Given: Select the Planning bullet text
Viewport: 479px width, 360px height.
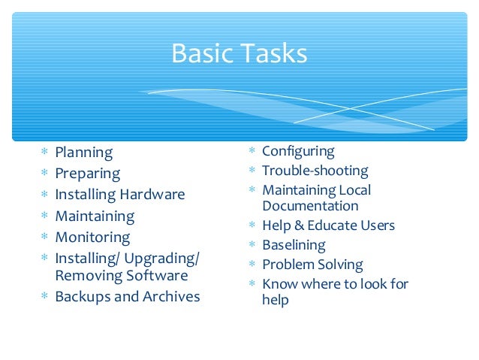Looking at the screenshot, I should coord(84,153).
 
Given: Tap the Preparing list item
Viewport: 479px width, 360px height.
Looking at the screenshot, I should coord(88,174).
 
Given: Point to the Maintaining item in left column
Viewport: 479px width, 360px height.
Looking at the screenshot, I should coord(95,216).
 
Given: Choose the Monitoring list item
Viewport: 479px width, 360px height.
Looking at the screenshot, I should coord(92,237).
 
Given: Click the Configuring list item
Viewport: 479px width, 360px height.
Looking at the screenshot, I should coord(298,152).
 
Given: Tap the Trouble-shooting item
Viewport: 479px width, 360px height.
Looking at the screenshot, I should coord(315,171).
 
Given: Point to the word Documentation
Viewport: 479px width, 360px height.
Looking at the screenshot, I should coord(310,206).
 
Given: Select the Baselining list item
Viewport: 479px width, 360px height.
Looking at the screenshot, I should coord(294,245).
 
